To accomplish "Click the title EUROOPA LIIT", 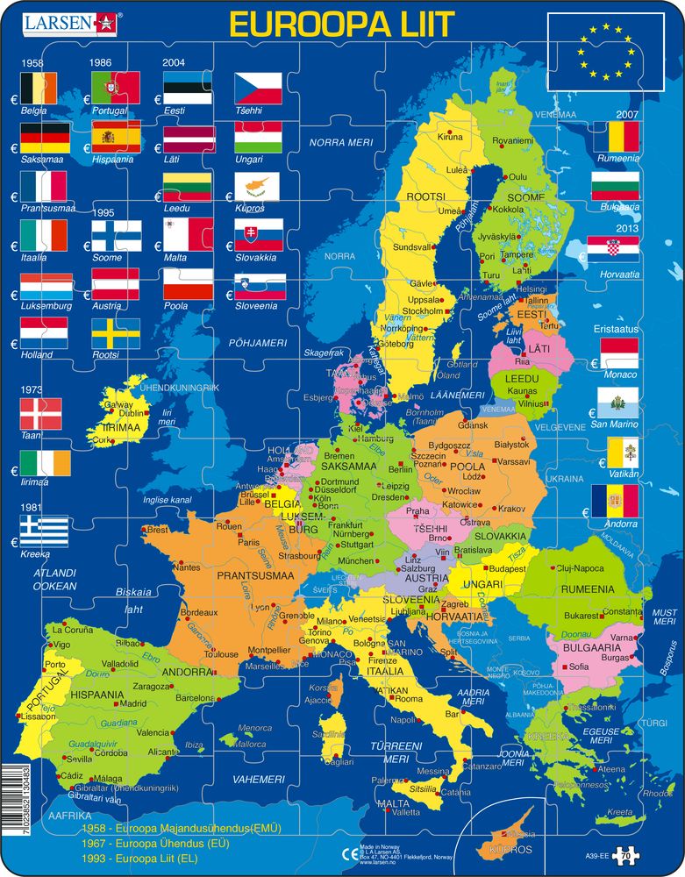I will tap(343, 24).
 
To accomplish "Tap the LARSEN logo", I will tap(64, 22).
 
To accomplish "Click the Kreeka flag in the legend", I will tap(44, 531).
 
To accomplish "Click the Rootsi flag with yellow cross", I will tap(116, 333).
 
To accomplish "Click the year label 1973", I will tap(33, 388).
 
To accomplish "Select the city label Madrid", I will tap(132, 703).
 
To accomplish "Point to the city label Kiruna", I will tap(450, 137).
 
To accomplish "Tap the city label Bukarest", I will tap(581, 616).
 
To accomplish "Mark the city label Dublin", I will tap(132, 413).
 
